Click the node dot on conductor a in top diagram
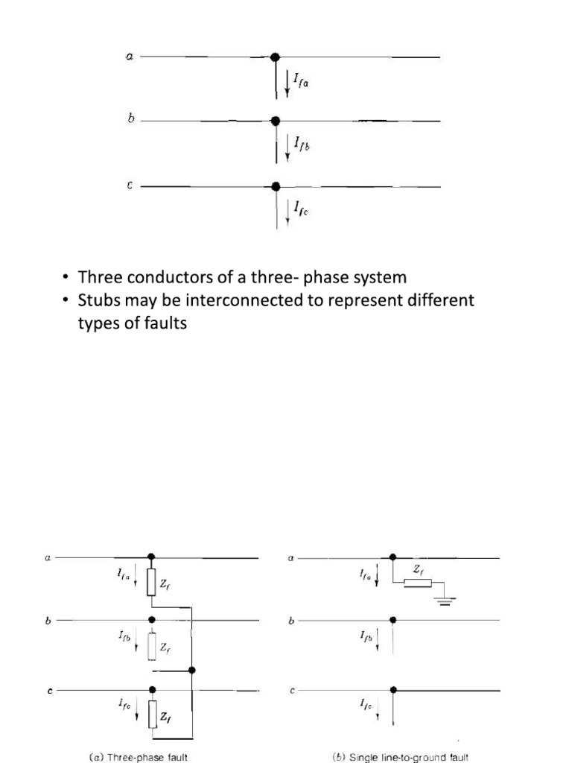(275, 57)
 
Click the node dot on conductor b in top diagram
(276, 121)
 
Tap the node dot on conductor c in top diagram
(276, 186)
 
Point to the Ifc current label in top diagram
(301, 212)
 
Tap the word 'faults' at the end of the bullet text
(164, 324)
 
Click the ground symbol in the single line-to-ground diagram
(445, 601)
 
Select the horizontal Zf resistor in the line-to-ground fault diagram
(418, 583)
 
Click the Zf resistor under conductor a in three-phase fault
(152, 582)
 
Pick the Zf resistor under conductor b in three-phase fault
(152, 645)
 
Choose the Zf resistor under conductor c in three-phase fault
(152, 715)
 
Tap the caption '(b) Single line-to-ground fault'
(401, 757)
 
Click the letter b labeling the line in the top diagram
(131, 118)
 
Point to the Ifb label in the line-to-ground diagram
(366, 636)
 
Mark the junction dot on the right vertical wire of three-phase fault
(192, 671)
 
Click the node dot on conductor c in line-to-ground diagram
(393, 691)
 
